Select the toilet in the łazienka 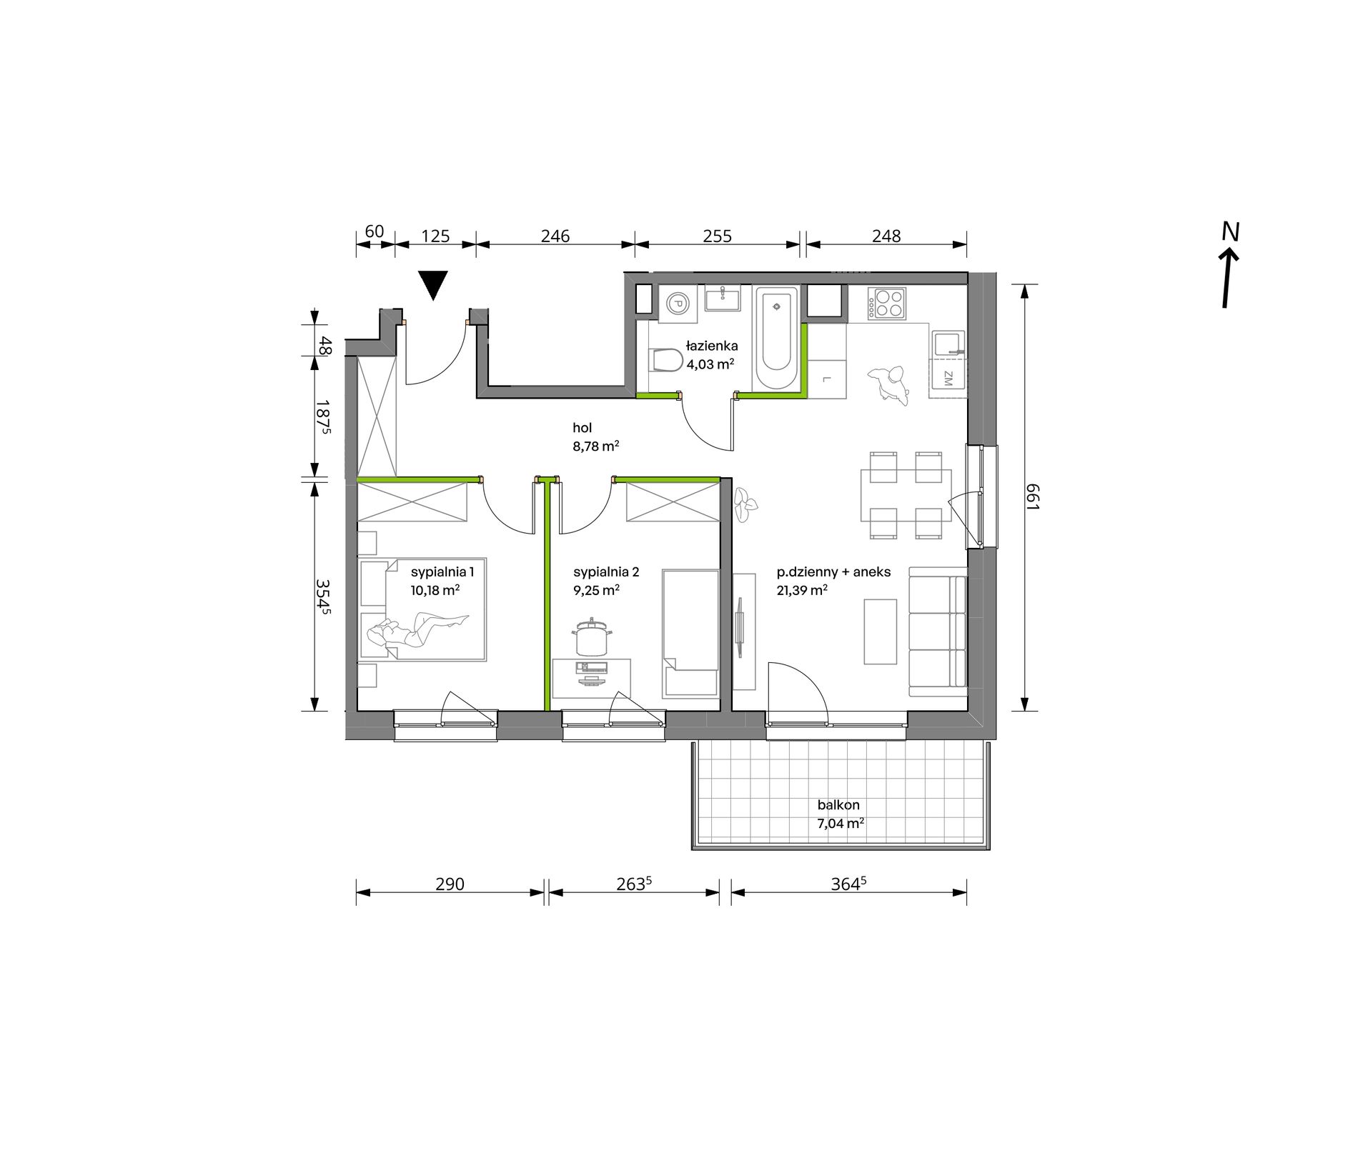pyautogui.click(x=666, y=360)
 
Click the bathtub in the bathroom pyautogui.click(x=777, y=339)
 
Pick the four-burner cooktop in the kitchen pyautogui.click(x=887, y=303)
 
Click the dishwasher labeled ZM pyautogui.click(x=948, y=378)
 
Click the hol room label pyautogui.click(x=583, y=428)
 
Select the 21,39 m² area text pyautogui.click(x=802, y=590)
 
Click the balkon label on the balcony pyautogui.click(x=838, y=804)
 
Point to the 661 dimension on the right pyautogui.click(x=1033, y=497)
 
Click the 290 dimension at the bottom pyautogui.click(x=450, y=884)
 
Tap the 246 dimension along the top pyautogui.click(x=555, y=236)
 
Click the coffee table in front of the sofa pyautogui.click(x=880, y=632)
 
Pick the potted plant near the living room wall pyautogui.click(x=745, y=504)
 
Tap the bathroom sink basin pyautogui.click(x=723, y=298)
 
